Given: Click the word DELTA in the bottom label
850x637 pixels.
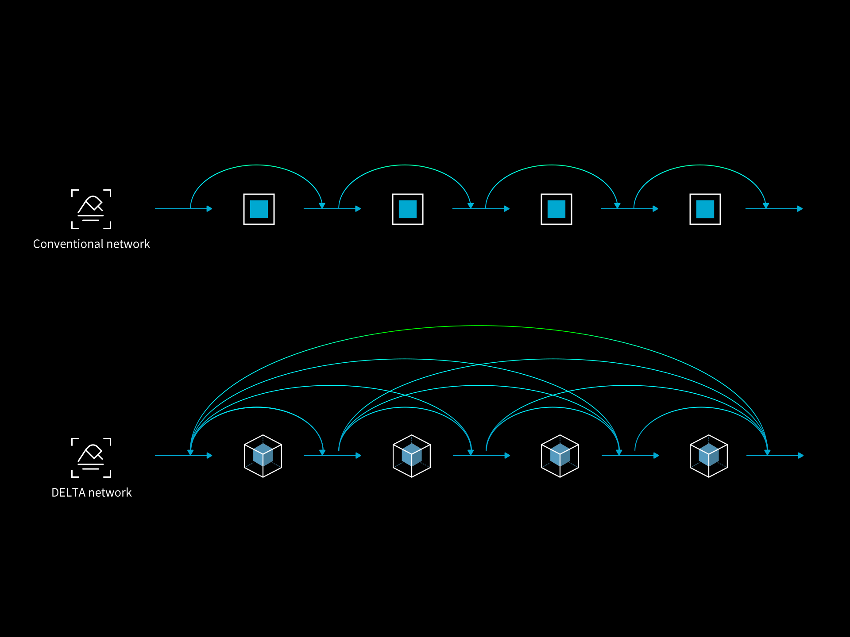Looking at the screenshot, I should click(x=68, y=493).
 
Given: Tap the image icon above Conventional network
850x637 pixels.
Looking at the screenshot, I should click(x=91, y=209).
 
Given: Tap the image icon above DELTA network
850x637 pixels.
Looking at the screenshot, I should click(x=91, y=457).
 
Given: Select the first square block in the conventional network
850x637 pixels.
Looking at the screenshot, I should click(x=259, y=209).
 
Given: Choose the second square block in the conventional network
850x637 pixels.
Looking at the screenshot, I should click(x=408, y=209).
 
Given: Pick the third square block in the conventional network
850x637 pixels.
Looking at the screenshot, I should click(x=556, y=209).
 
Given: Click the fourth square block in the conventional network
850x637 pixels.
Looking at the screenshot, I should click(x=705, y=209).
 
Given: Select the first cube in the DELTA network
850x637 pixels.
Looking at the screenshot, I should click(x=263, y=456).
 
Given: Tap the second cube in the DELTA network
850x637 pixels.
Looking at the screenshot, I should click(x=412, y=456).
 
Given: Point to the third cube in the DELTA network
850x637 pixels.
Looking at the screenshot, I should click(x=560, y=456).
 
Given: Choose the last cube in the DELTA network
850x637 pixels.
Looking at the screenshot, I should click(x=709, y=456).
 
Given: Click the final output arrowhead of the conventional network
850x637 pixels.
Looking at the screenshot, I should click(x=800, y=209).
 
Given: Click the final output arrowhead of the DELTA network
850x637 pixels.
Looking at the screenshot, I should click(x=801, y=456).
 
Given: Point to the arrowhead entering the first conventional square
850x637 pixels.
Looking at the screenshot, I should click(x=210, y=209).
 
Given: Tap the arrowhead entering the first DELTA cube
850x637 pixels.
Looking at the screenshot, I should click(x=210, y=456).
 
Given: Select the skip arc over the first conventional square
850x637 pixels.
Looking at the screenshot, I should click(x=257, y=165).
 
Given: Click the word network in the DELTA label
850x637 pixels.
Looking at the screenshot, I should click(x=111, y=493).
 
